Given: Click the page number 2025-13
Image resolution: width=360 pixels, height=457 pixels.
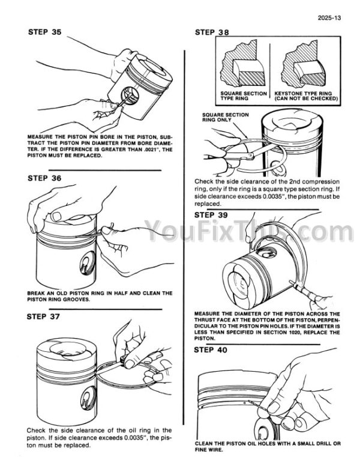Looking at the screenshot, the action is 329,18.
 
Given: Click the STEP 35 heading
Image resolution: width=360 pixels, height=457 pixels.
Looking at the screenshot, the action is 45,32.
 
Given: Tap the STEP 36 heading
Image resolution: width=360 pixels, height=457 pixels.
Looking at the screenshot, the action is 44,178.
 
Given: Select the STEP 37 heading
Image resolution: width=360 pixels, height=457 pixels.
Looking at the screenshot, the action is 43,316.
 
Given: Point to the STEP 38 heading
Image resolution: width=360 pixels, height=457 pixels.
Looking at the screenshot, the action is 212,32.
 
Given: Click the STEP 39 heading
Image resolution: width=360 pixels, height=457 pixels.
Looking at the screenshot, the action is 211,215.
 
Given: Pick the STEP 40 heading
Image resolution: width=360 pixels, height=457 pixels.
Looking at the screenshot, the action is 210,350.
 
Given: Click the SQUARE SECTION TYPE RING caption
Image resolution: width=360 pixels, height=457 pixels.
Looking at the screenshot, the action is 244,96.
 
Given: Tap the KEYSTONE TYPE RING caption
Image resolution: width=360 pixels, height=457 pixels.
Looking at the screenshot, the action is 306,96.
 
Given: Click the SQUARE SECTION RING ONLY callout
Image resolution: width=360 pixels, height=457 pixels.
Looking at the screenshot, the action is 226,117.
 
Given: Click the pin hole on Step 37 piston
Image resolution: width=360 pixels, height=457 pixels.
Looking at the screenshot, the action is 88,398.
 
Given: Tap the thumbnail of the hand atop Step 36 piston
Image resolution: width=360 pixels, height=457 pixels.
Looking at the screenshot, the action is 56,217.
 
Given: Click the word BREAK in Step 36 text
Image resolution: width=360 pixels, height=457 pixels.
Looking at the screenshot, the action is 36,293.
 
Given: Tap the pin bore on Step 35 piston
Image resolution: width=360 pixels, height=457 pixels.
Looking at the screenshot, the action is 130,96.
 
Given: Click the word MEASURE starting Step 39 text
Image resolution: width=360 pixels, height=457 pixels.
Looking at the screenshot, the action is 207,314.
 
